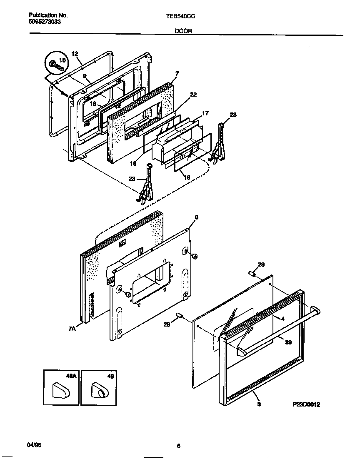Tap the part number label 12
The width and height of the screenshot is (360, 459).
click(75, 54)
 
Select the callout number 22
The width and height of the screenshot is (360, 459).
click(193, 95)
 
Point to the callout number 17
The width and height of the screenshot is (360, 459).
click(205, 113)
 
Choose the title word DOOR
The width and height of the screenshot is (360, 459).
click(183, 31)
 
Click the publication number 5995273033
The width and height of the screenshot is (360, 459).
click(45, 21)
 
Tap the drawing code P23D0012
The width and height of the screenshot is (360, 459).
click(306, 404)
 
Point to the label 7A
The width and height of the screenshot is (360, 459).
click(72, 329)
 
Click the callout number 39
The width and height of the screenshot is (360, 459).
click(288, 342)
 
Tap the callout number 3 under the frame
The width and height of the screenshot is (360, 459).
click(259, 404)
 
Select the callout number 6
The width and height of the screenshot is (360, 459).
click(196, 217)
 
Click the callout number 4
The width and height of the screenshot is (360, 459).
click(282, 319)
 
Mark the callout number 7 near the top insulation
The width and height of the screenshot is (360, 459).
click(177, 73)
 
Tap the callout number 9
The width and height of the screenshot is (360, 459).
click(84, 76)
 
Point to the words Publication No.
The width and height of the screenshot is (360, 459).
click(48, 15)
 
